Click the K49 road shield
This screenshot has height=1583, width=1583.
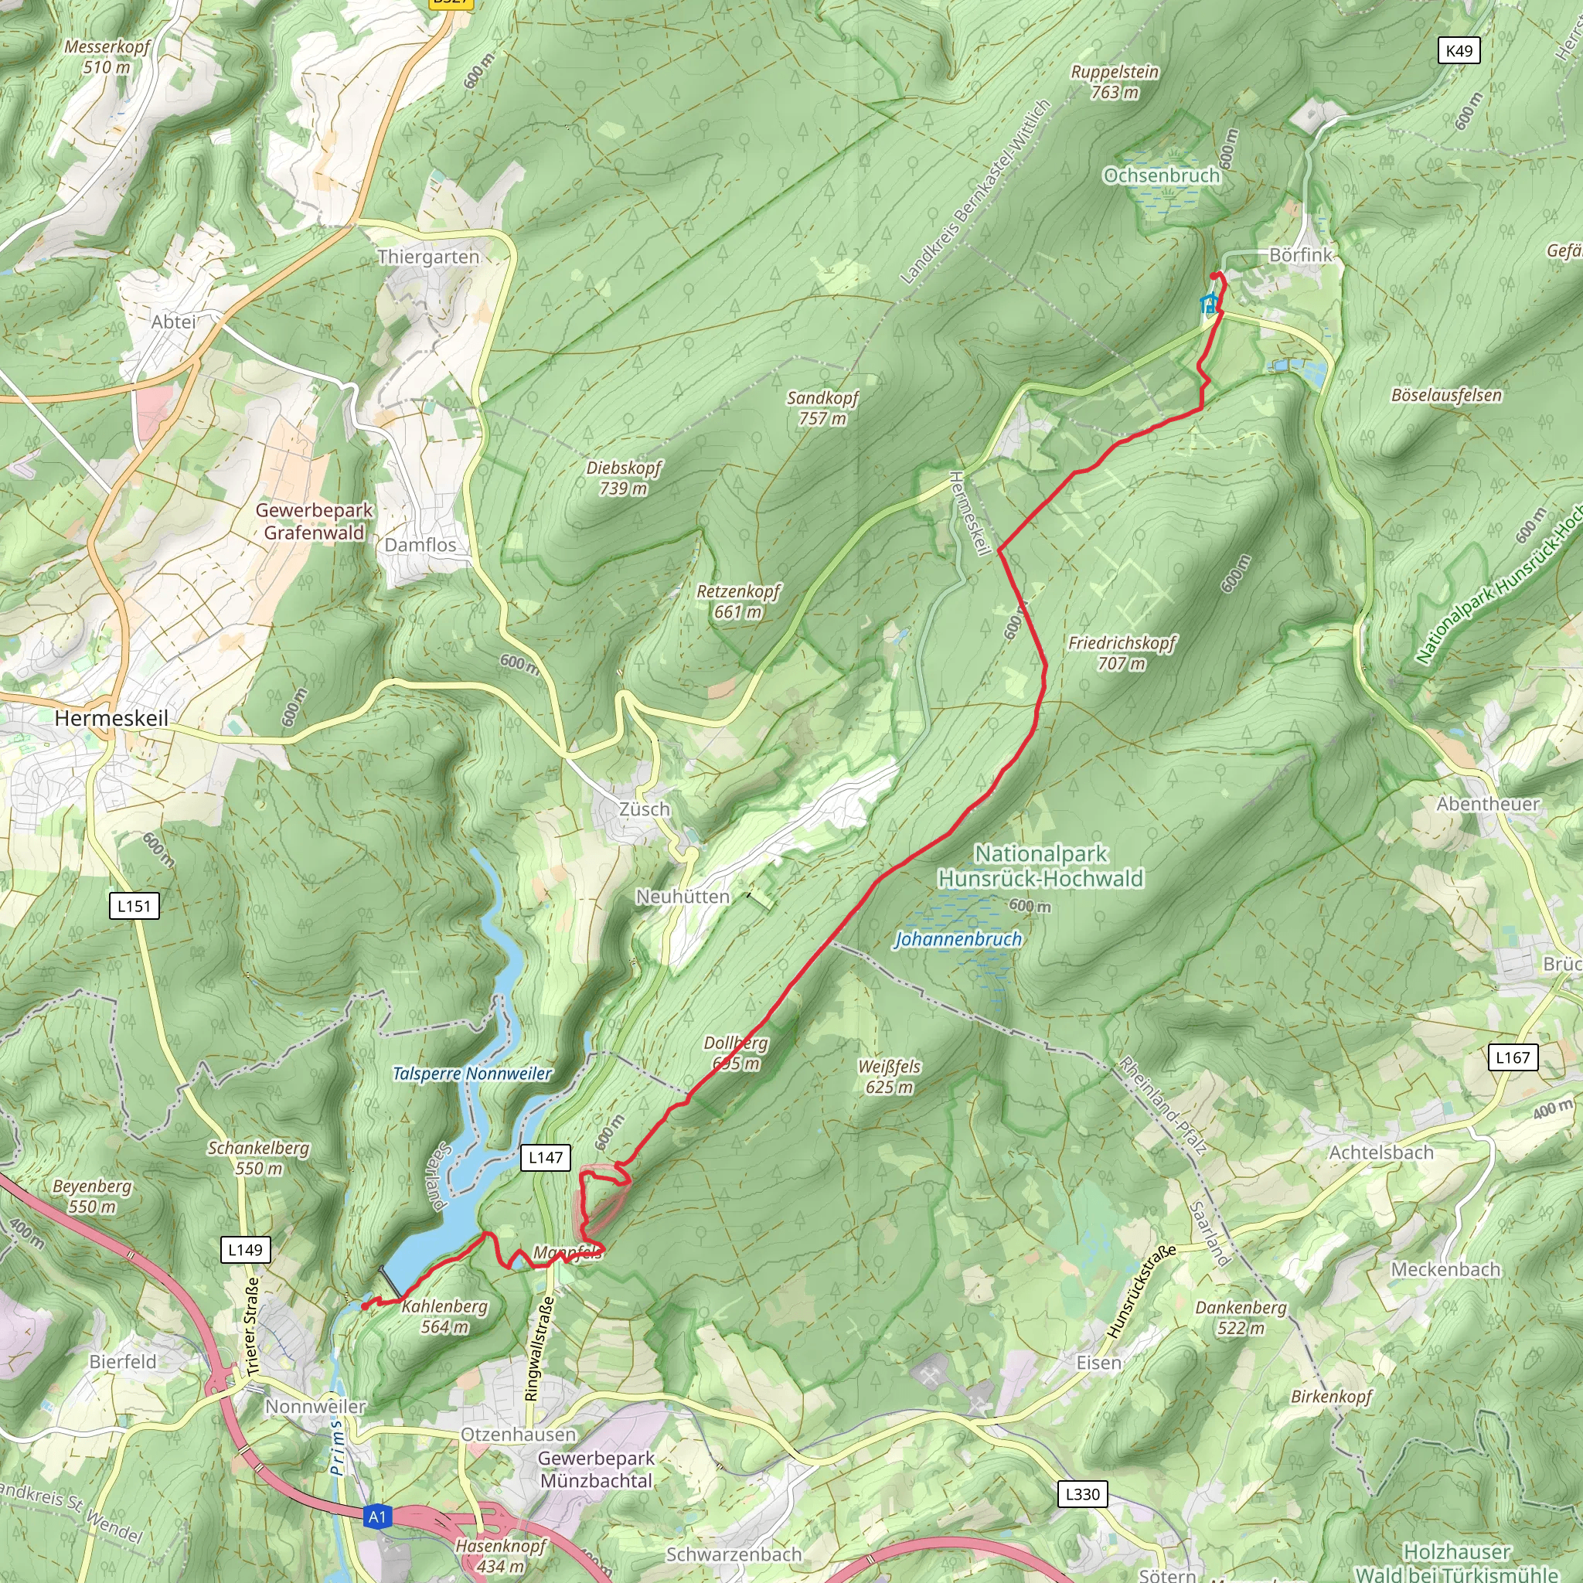(x=1459, y=51)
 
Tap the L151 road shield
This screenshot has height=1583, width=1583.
(x=134, y=905)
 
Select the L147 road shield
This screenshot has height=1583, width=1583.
(x=546, y=1157)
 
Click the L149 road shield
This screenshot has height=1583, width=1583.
(x=245, y=1250)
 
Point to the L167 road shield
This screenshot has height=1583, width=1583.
(x=1513, y=1057)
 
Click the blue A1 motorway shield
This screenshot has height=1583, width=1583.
(x=377, y=1517)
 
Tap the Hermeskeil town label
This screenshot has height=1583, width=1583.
(x=111, y=719)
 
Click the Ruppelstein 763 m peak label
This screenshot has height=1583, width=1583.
(x=1115, y=82)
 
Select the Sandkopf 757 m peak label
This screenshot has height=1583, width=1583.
(x=822, y=408)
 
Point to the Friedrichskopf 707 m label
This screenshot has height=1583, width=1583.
(x=1122, y=653)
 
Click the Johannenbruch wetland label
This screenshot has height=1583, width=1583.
(x=958, y=939)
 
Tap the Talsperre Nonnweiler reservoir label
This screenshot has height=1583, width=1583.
(x=473, y=1074)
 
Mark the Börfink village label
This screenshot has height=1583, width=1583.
(x=1300, y=255)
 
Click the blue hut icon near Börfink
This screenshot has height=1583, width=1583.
(x=1208, y=304)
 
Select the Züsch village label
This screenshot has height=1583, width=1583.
(x=644, y=809)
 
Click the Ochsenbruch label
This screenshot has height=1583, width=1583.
(x=1162, y=176)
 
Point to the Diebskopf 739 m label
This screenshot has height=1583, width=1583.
(x=624, y=478)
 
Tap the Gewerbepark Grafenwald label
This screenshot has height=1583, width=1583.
(x=314, y=521)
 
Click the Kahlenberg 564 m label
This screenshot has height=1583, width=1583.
(x=445, y=1316)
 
